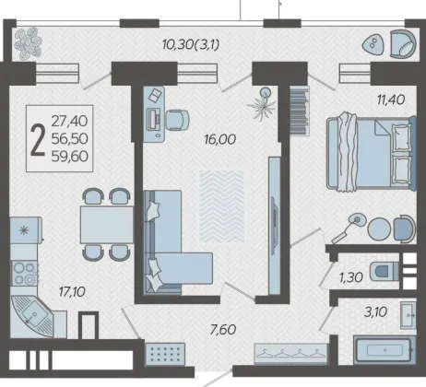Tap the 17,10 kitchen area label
tap(72, 292)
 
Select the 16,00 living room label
tap(220, 139)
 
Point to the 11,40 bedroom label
tap(391, 100)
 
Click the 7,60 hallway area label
tap(223, 330)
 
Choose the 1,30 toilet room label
tap(351, 277)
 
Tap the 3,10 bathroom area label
tap(375, 312)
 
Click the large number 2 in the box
tap(38, 140)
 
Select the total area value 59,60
tap(70, 157)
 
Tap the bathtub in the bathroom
tap(384, 350)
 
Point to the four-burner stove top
tap(24, 274)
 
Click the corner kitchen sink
tap(31, 316)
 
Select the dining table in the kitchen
tap(107, 225)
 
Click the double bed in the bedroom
tap(371, 152)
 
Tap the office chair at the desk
tap(177, 120)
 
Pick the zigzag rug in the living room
tap(221, 206)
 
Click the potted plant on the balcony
tap(28, 43)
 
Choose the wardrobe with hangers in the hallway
tap(290, 354)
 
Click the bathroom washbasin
tap(408, 315)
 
